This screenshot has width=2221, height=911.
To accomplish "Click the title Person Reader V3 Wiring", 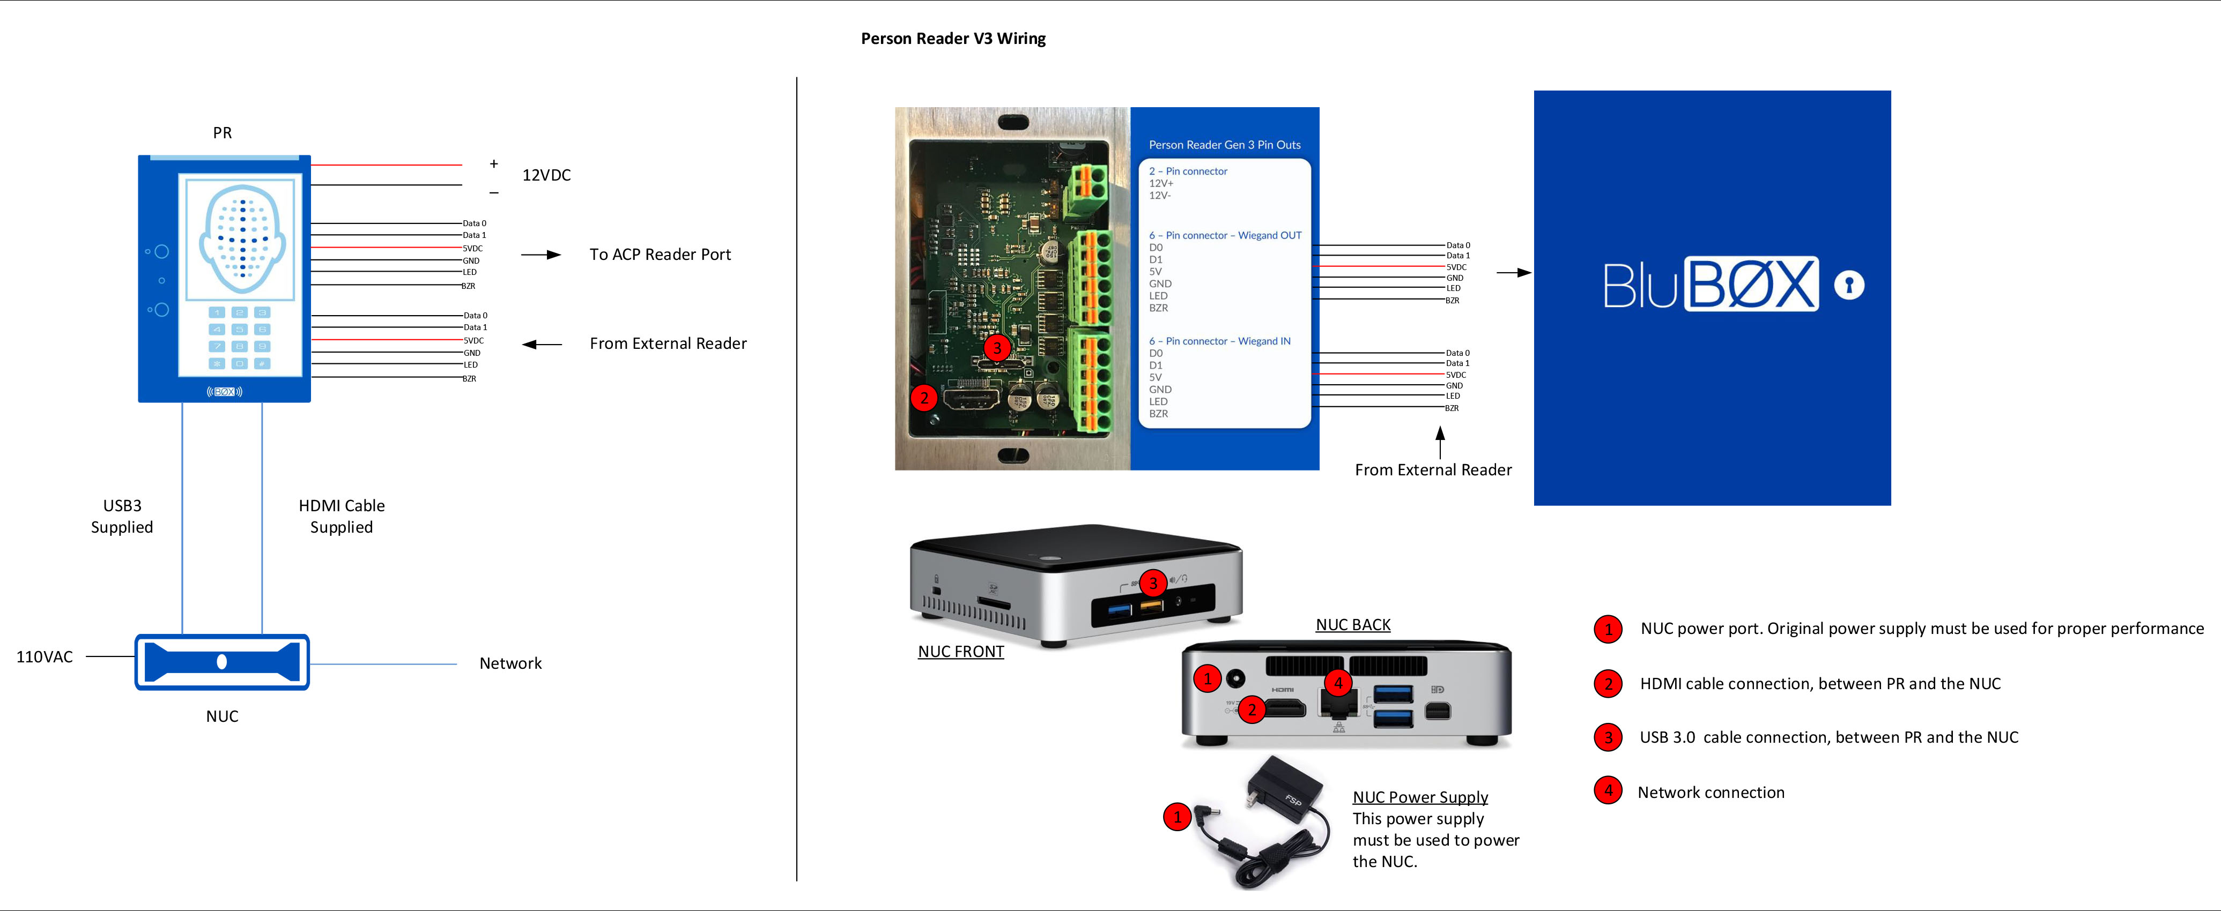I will tap(953, 39).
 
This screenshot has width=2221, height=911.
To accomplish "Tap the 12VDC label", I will tap(546, 175).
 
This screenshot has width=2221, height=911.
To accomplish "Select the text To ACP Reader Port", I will tap(660, 254).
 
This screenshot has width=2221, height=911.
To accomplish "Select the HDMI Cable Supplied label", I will tap(342, 516).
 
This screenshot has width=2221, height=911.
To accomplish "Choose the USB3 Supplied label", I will tap(122, 516).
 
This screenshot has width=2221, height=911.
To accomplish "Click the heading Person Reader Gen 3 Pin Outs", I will tap(1224, 145).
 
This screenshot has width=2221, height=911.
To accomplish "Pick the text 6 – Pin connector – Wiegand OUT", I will tap(1224, 235).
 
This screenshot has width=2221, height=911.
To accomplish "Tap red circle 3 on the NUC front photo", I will tap(1153, 583).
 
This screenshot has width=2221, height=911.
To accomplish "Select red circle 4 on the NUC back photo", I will tap(1337, 683).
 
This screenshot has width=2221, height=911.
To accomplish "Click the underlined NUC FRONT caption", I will tap(960, 652).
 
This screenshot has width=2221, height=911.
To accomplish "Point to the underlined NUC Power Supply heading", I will tap(1420, 797).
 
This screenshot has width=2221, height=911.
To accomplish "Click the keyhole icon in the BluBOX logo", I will tap(1848, 285).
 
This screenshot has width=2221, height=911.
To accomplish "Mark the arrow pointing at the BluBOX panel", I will tap(1513, 272).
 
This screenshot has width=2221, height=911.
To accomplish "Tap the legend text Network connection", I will tap(1711, 792).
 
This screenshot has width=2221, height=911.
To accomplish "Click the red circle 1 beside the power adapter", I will tap(1177, 816).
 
